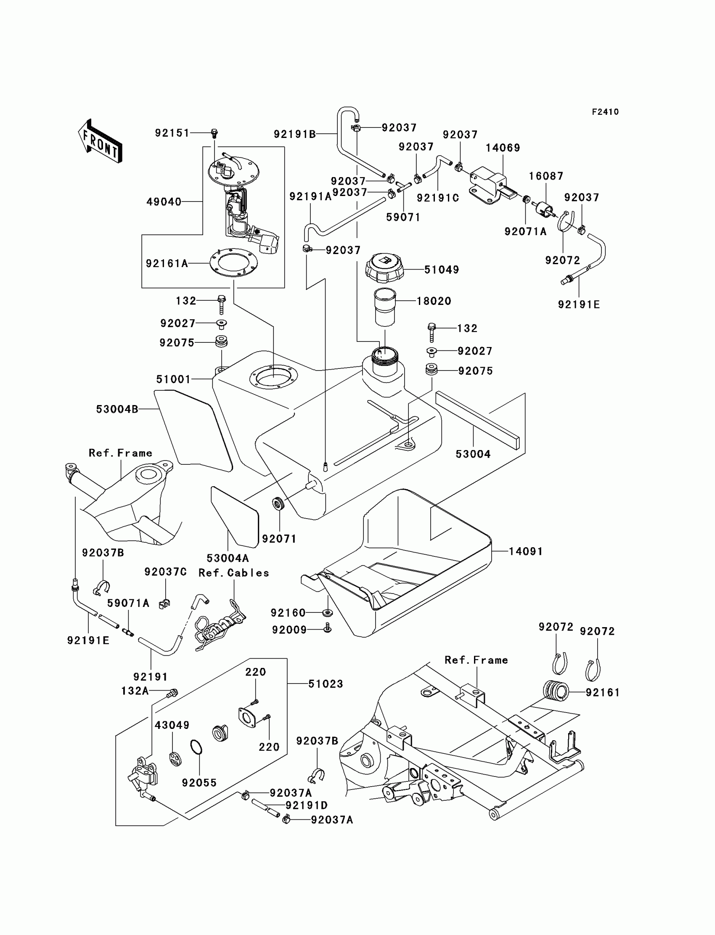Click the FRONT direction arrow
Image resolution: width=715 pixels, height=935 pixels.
coord(101,141)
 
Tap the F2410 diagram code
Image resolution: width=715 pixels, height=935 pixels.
coord(605,112)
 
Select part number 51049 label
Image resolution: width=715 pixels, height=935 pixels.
coord(441,270)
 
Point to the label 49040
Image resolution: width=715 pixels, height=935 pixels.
coord(164,202)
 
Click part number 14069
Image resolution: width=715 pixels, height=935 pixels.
coord(503,148)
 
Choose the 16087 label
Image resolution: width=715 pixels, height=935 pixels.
coord(546,176)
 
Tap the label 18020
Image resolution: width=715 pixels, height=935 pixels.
coord(434,301)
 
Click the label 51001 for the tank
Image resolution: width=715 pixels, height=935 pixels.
coord(173,379)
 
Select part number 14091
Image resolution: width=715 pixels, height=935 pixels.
coord(526,551)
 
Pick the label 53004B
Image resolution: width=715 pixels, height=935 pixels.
coord(117,409)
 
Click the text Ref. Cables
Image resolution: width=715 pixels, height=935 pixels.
coord(234,573)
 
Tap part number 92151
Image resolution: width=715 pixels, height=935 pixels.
coord(172,133)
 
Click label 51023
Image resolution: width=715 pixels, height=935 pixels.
coord(325,684)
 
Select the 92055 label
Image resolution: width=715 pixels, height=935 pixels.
coord(199,783)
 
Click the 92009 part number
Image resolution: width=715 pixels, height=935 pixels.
coord(289,630)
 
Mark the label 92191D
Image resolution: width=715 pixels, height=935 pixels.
coord(307,805)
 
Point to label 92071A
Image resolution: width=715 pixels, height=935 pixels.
coord(525,231)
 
